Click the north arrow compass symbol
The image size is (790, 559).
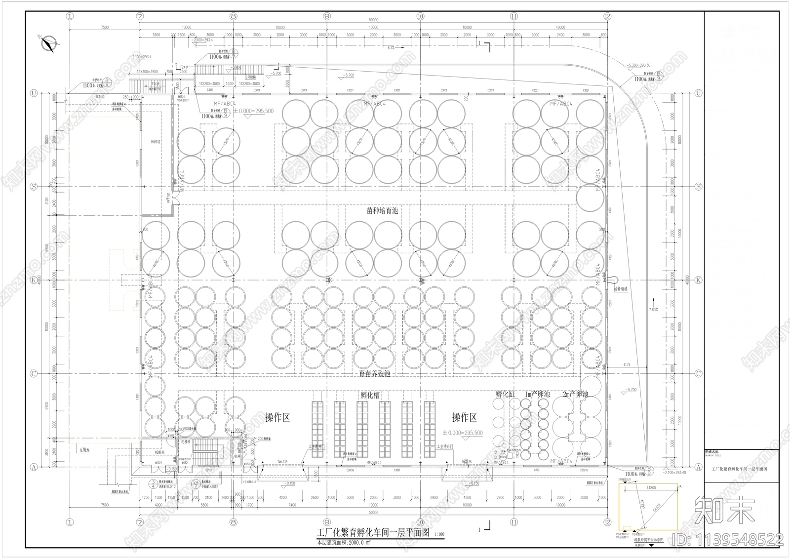point(48,44)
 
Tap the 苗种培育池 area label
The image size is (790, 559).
point(382,211)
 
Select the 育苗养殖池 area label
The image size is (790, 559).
point(374,374)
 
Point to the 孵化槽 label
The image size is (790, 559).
point(370,395)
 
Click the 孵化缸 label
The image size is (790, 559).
point(505,395)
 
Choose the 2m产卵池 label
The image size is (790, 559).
point(575,395)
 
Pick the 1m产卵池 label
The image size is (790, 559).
point(536,395)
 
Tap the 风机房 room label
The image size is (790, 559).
point(156,142)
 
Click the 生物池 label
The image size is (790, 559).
point(83,450)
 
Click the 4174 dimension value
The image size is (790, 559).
point(627,365)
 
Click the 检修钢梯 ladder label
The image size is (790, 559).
point(621,289)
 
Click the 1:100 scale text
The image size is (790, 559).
point(438,534)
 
